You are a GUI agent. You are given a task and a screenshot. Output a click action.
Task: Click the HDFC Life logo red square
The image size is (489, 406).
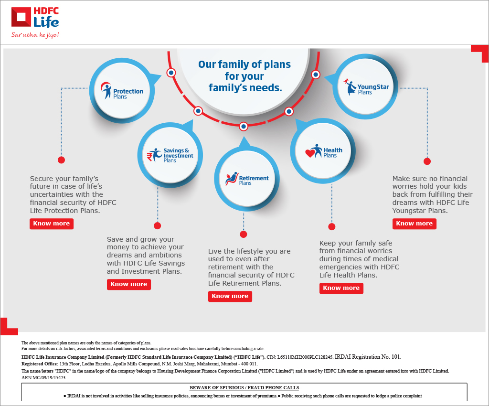pos(21,18)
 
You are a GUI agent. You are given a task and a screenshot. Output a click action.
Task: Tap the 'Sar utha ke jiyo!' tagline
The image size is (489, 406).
pos(35,35)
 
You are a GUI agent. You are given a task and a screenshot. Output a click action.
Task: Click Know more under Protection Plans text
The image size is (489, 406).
pos(52,224)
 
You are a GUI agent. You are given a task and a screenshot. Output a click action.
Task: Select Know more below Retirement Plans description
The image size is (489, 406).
pos(230,296)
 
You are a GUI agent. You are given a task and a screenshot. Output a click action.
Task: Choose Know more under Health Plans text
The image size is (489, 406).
pos(341,288)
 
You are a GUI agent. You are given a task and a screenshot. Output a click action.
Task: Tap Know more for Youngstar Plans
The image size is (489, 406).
pos(414,224)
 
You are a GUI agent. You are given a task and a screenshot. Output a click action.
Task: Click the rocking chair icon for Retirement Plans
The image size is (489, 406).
pos(232,179)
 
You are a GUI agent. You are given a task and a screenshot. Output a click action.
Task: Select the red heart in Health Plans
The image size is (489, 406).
pos(310,153)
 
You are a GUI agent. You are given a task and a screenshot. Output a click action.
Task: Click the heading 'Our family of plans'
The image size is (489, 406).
pos(244,64)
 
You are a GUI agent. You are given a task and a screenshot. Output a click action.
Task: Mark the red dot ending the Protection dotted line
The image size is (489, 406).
pos(61,160)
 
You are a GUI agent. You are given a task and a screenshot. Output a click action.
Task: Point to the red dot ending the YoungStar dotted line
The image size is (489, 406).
pos(427,161)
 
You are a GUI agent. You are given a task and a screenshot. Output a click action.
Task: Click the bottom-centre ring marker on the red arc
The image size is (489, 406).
pos(244,127)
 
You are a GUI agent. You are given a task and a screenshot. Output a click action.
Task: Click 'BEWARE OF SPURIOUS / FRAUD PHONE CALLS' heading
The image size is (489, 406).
pos(244,387)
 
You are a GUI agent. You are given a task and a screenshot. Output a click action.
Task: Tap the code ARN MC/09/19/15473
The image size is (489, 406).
pos(43,377)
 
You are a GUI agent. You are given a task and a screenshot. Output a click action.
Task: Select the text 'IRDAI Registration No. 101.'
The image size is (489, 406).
pos(368,357)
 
